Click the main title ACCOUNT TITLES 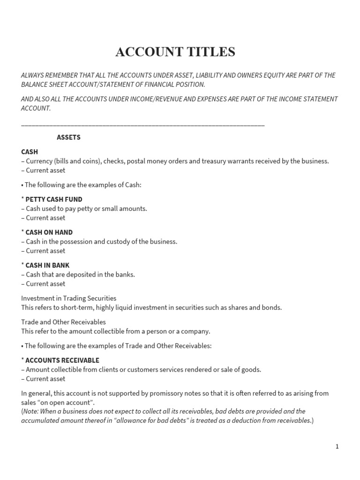(x=175, y=52)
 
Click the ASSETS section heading (x=68, y=137)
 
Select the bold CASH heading (x=30, y=152)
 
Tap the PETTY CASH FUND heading (x=53, y=199)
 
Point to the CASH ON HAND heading (x=49, y=232)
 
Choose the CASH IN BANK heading (x=47, y=265)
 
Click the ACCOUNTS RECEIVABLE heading (x=62, y=360)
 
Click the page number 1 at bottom (x=337, y=447)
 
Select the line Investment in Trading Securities (x=69, y=298)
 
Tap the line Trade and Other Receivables (x=63, y=322)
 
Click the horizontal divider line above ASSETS (x=143, y=126)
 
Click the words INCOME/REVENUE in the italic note (x=162, y=99)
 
